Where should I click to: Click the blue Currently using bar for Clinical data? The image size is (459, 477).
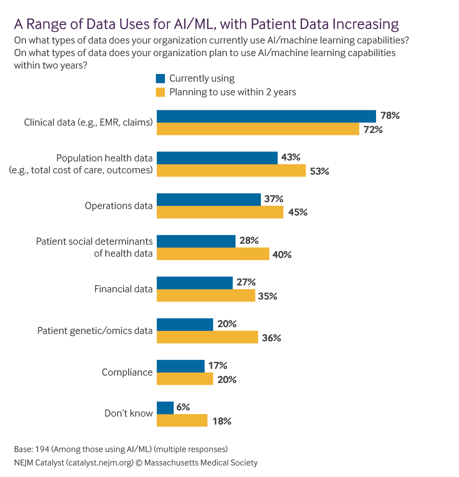[266, 116]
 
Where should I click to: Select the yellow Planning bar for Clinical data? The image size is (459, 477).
[258, 129]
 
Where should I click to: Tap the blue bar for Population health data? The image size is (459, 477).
[217, 158]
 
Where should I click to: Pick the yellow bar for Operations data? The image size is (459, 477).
[220, 212]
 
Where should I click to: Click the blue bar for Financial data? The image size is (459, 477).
[195, 283]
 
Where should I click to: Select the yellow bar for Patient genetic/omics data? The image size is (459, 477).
[207, 337]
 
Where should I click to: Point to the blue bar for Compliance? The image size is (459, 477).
[180, 366]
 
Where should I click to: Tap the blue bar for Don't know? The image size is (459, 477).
[165, 408]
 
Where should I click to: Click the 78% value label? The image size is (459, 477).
[390, 116]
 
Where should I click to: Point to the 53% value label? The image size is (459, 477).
[319, 171]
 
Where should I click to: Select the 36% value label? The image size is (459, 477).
[271, 338]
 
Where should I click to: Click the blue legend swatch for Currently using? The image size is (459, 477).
[160, 79]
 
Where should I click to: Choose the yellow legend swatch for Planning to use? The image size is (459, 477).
[160, 92]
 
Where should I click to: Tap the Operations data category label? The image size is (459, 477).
[119, 206]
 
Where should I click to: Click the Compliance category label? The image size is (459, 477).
[127, 373]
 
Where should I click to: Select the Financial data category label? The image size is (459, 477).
[123, 289]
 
